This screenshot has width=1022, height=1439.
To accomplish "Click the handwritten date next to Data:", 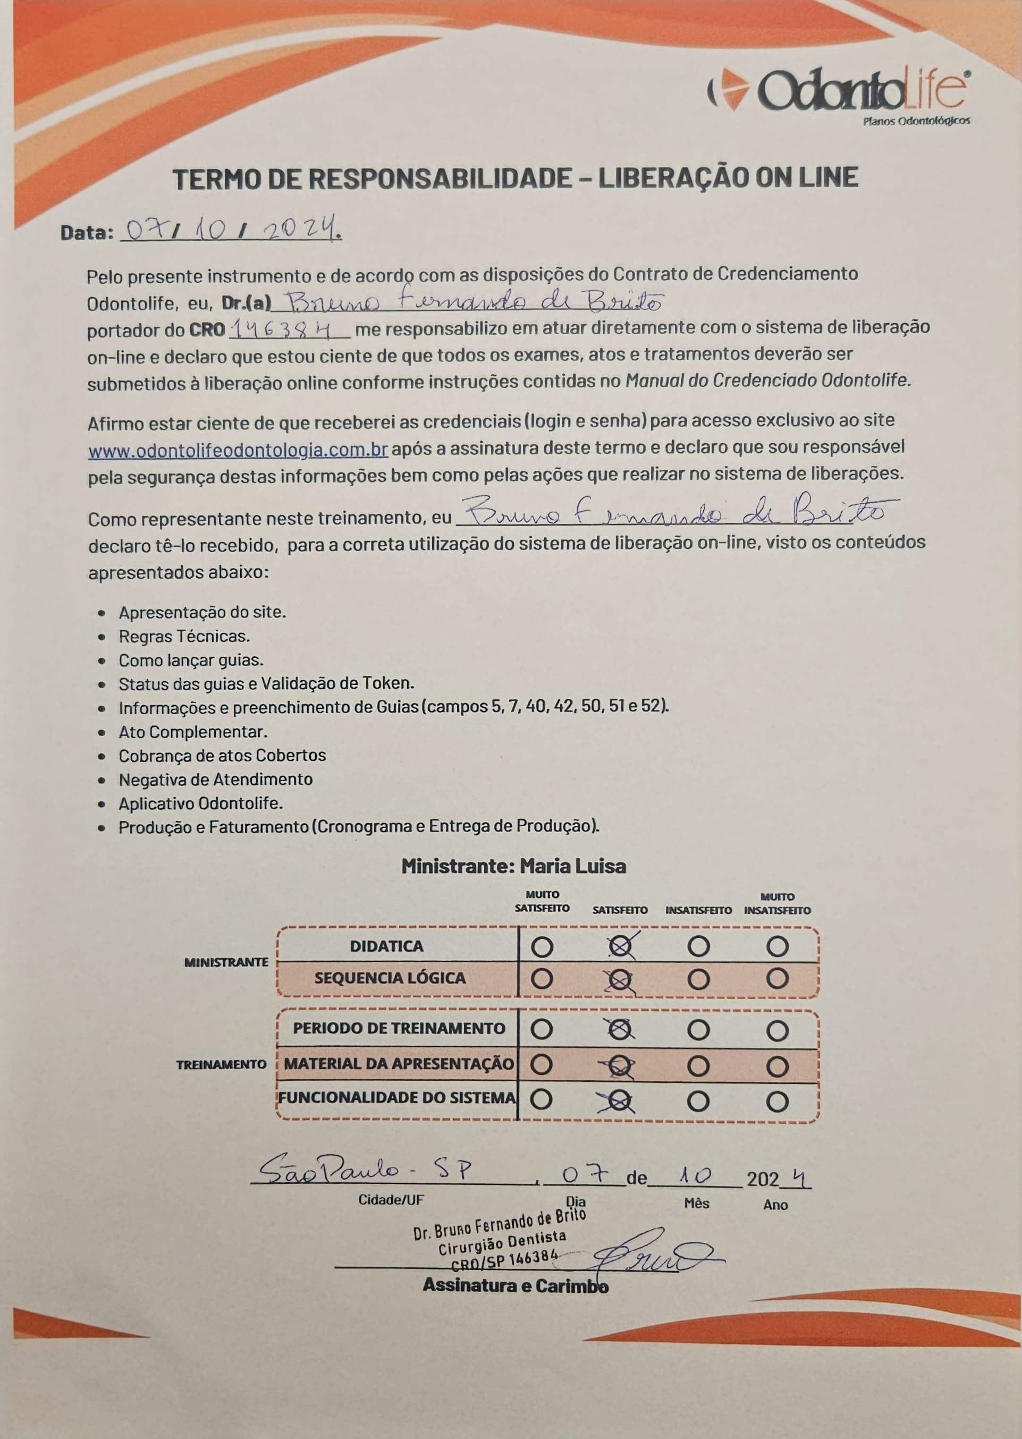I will pyautogui.click(x=232, y=231).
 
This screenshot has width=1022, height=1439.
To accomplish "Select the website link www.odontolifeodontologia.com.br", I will pyautogui.click(x=238, y=451).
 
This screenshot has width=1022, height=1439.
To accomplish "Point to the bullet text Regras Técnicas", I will pyautogui.click(x=184, y=636).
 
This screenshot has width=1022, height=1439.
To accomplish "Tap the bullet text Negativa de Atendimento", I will pyautogui.click(x=215, y=780).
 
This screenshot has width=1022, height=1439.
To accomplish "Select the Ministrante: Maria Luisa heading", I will pyautogui.click(x=513, y=866).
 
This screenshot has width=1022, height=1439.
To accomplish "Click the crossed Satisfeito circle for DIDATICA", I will pyautogui.click(x=620, y=946).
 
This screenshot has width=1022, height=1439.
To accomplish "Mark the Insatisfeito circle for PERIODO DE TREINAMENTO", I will pyautogui.click(x=698, y=1030).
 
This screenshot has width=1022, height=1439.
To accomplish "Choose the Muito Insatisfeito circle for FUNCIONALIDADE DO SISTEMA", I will pyautogui.click(x=777, y=1101).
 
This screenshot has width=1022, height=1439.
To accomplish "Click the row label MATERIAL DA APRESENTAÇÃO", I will pyautogui.click(x=399, y=1064).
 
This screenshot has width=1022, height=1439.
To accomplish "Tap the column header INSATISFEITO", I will pyautogui.click(x=698, y=910).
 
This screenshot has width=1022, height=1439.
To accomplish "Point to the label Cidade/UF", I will pyautogui.click(x=391, y=1200).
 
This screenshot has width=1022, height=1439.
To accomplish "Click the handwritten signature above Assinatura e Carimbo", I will pyautogui.click(x=654, y=1251).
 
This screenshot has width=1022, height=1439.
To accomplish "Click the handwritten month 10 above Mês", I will pyautogui.click(x=695, y=1174).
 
